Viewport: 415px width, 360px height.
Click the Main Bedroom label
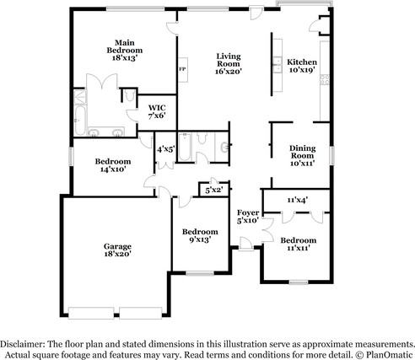point(125,51)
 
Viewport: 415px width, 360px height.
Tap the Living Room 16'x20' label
point(229,64)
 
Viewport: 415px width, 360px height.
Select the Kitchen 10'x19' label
point(302,66)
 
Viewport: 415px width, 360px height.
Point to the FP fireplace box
point(183,70)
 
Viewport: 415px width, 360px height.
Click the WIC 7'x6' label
point(157,111)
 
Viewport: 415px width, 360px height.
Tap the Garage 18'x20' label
point(117,250)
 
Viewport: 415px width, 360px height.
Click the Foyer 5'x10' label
point(248,217)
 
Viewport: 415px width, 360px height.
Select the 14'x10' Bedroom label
point(113,165)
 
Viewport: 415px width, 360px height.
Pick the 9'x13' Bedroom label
point(200,235)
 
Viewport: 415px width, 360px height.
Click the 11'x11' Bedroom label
point(299,244)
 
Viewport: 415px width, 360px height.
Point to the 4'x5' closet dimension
point(166,149)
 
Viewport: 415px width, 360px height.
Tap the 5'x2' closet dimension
point(214,191)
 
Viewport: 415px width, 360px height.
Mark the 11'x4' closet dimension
point(297,200)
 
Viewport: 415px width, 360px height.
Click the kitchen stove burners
point(325,79)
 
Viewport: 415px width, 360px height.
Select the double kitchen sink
point(278,65)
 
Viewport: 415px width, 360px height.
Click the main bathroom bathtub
point(80,121)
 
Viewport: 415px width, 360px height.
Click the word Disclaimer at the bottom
point(22,344)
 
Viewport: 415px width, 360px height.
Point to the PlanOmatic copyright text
point(384,354)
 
